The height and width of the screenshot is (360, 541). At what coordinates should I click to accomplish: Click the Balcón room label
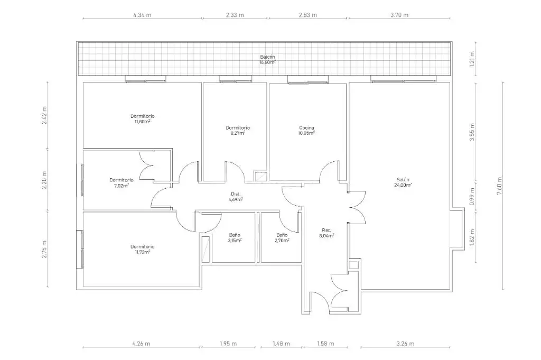[x=267, y=59]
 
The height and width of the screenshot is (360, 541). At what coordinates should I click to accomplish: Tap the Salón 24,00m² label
[x=403, y=182]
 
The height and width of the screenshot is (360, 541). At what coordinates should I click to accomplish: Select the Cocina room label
[x=306, y=130]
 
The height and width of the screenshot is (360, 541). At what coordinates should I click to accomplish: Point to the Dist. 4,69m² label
[x=236, y=197]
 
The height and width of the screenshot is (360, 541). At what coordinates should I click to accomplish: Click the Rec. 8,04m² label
[x=327, y=233]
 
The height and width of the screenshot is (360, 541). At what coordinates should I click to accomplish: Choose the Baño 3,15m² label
[x=235, y=238]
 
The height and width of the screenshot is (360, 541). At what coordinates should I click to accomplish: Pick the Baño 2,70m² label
[x=282, y=238]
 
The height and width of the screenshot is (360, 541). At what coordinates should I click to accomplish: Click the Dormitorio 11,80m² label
[x=143, y=119]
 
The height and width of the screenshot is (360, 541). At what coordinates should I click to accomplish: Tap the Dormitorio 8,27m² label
[x=238, y=130]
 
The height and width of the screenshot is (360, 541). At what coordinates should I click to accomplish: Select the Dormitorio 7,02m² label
[x=122, y=182]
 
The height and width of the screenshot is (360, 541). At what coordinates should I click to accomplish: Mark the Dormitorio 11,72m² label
[x=143, y=249]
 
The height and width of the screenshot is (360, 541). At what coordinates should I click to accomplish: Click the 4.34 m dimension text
[x=142, y=15]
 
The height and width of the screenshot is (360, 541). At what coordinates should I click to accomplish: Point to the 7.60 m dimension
[x=499, y=186]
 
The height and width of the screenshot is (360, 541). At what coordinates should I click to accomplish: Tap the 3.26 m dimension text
[x=405, y=344]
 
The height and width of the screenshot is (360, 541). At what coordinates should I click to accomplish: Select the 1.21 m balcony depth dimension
[x=472, y=59]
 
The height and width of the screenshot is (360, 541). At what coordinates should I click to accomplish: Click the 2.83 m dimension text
[x=308, y=15]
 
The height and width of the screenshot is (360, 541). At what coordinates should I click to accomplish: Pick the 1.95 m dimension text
[x=228, y=344]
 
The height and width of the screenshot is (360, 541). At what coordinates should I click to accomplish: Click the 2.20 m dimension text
[x=44, y=180]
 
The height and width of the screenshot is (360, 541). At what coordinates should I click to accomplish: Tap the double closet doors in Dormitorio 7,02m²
[x=147, y=167]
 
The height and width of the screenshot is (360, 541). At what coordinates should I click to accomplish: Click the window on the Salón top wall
[x=403, y=79]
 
